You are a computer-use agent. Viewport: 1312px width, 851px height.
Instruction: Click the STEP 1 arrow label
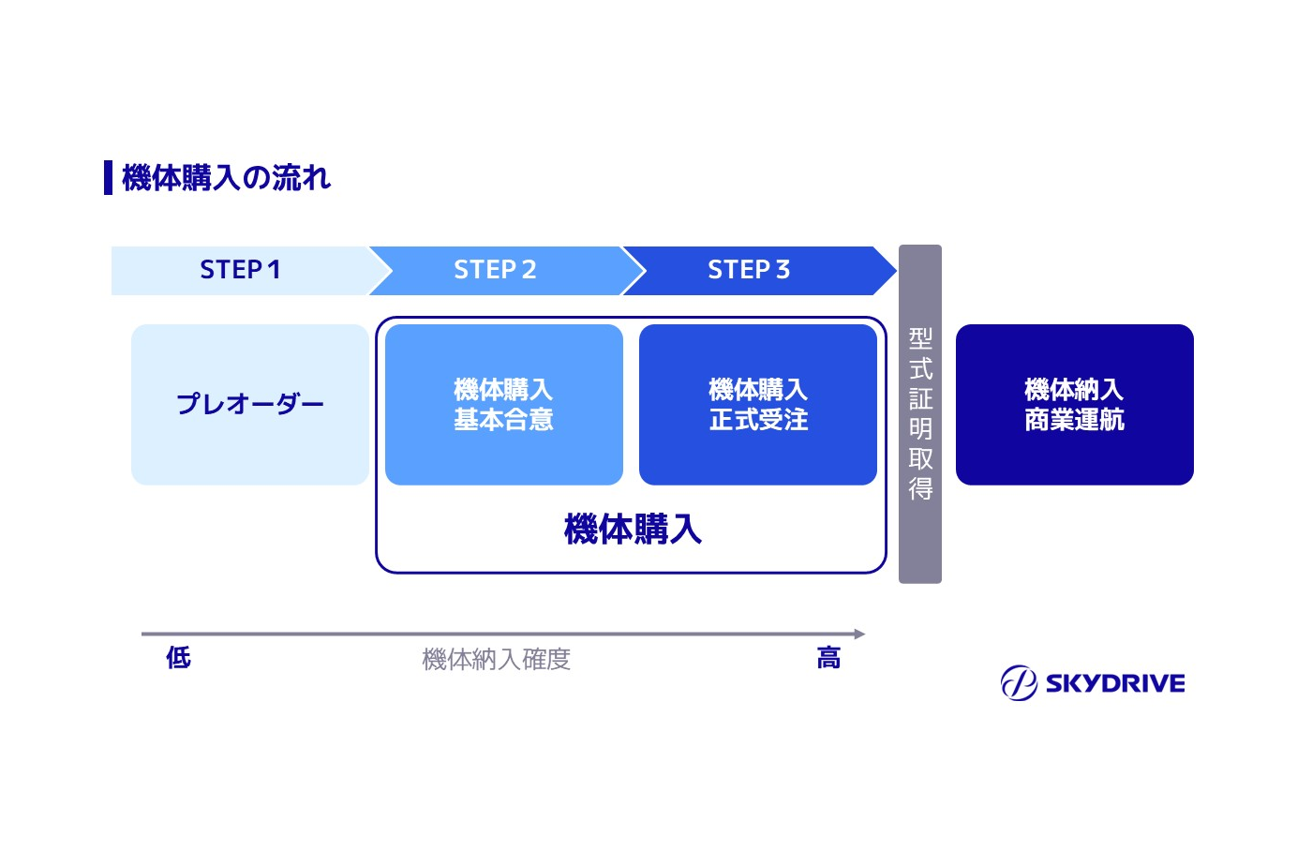coord(240,270)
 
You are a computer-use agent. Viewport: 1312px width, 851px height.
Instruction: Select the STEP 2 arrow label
coord(495,270)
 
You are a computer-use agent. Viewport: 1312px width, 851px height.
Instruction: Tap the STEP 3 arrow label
coord(748,270)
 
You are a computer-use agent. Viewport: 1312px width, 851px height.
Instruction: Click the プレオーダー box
coord(249,404)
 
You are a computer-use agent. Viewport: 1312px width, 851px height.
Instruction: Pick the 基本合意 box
coord(503,404)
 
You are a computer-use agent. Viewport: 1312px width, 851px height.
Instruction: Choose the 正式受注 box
coord(757,404)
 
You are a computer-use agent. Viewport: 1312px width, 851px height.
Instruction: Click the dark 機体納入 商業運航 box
coord(1074,404)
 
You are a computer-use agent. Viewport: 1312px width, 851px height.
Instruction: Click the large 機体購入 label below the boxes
coord(633,530)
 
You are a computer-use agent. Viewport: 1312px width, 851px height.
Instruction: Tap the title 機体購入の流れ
coord(226,177)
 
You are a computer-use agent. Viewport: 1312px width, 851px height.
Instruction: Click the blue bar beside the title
coord(108,177)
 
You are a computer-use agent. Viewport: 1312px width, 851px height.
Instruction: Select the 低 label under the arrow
coord(178,658)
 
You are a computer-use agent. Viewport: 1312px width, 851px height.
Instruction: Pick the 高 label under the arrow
coord(828,658)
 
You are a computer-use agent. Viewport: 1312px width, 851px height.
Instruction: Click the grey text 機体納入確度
coord(496,660)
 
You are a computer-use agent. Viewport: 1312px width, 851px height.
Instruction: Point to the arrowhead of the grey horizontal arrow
coord(859,635)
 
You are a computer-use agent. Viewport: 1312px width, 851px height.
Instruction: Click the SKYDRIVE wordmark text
coord(1114,683)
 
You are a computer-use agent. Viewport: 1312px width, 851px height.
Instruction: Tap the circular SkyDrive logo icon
coord(1018,682)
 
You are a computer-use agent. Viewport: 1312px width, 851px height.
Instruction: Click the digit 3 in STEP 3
coord(783,270)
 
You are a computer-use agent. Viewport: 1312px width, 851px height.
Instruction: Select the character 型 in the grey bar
coord(920,338)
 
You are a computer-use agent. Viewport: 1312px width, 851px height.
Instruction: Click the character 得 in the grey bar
coord(920,488)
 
